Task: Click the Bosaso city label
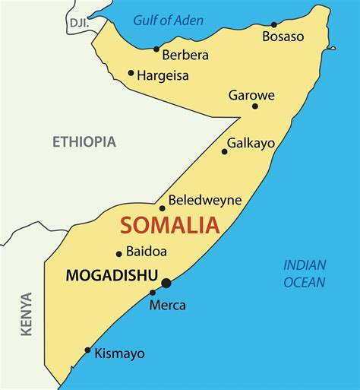283,36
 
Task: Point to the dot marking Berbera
156,49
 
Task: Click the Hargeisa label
163,75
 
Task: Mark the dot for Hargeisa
131,74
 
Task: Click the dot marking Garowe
255,106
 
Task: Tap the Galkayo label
251,142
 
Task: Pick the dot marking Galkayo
224,151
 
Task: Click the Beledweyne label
204,200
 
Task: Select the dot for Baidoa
118,254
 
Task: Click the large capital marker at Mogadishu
166,284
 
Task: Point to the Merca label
168,305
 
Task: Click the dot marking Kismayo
88,350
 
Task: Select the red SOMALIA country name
170,225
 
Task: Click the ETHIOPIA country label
84,141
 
